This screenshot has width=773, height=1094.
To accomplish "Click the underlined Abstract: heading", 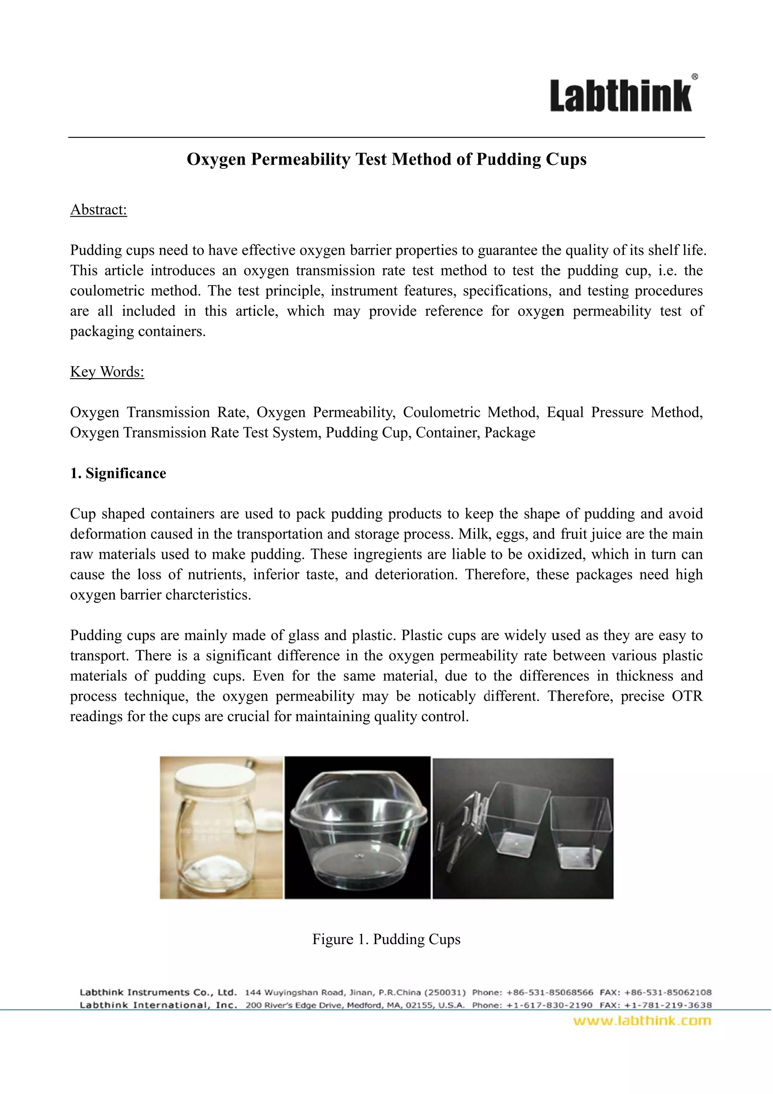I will [x=99, y=210].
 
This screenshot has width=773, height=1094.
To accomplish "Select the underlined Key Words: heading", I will [x=107, y=372].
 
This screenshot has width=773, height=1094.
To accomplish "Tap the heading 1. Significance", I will [x=118, y=473].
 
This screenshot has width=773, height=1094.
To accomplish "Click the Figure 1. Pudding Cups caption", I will [x=386, y=939].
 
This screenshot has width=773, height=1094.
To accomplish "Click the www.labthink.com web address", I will [x=642, y=1021].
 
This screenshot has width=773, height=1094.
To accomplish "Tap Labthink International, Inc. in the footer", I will [x=159, y=1005].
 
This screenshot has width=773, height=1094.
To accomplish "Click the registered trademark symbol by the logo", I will [x=695, y=76].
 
